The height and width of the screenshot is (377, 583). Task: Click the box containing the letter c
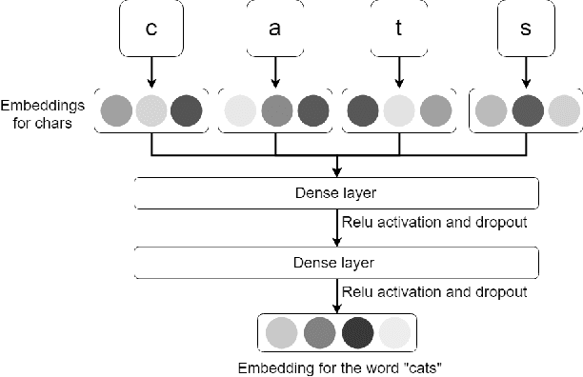click(151, 30)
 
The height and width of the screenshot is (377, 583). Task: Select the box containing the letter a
click(275, 30)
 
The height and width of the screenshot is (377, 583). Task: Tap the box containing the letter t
click(398, 30)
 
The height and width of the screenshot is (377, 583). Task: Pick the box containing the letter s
click(524, 30)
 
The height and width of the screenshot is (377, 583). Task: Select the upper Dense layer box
click(337, 193)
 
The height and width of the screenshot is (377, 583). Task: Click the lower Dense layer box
click(337, 260)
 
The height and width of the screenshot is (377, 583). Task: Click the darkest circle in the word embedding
click(357, 332)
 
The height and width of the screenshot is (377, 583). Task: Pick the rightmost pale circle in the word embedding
click(394, 332)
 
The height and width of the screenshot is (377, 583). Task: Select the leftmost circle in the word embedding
click(282, 332)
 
